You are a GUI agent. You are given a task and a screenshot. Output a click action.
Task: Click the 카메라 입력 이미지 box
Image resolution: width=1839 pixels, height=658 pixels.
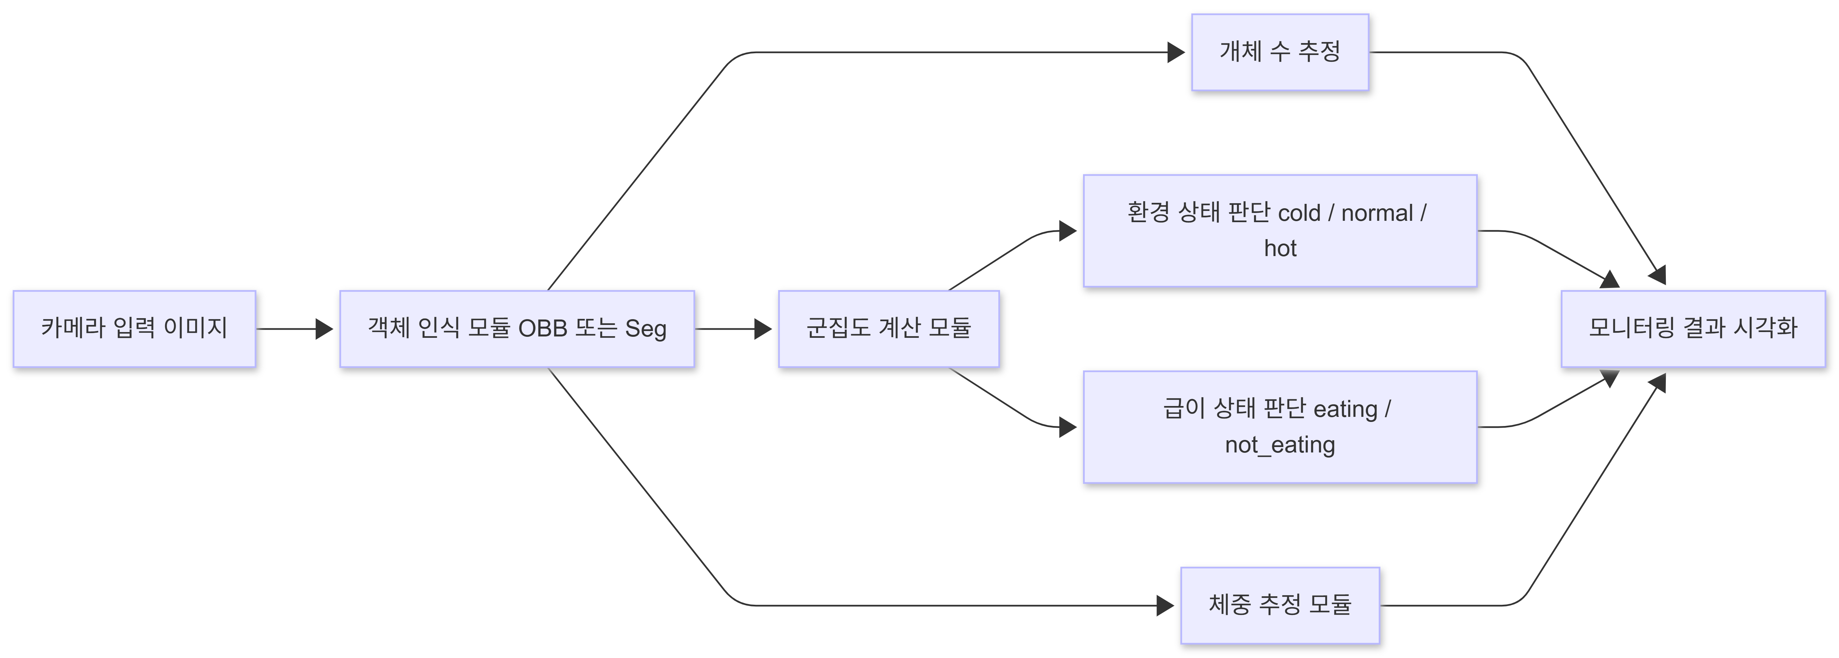tap(134, 329)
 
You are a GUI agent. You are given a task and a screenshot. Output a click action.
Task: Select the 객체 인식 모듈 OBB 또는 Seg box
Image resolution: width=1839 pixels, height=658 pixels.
tap(517, 329)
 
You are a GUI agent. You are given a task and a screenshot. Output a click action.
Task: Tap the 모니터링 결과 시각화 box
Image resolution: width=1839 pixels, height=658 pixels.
tap(1693, 329)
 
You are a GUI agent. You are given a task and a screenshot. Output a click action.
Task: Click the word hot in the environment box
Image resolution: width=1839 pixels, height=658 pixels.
tap(1280, 249)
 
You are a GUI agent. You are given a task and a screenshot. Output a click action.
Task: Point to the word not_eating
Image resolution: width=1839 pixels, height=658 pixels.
tap(1280, 445)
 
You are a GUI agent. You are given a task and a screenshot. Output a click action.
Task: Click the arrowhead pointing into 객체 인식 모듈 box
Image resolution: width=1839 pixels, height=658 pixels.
tap(325, 329)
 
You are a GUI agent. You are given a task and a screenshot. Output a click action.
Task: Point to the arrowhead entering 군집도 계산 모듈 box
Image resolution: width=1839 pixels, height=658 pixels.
tap(763, 329)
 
